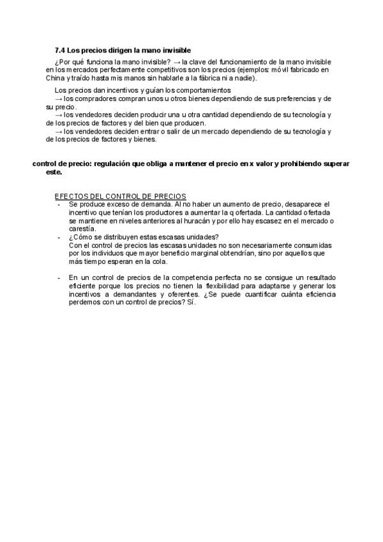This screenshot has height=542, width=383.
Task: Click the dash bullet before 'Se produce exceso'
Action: click(x=58, y=204)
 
